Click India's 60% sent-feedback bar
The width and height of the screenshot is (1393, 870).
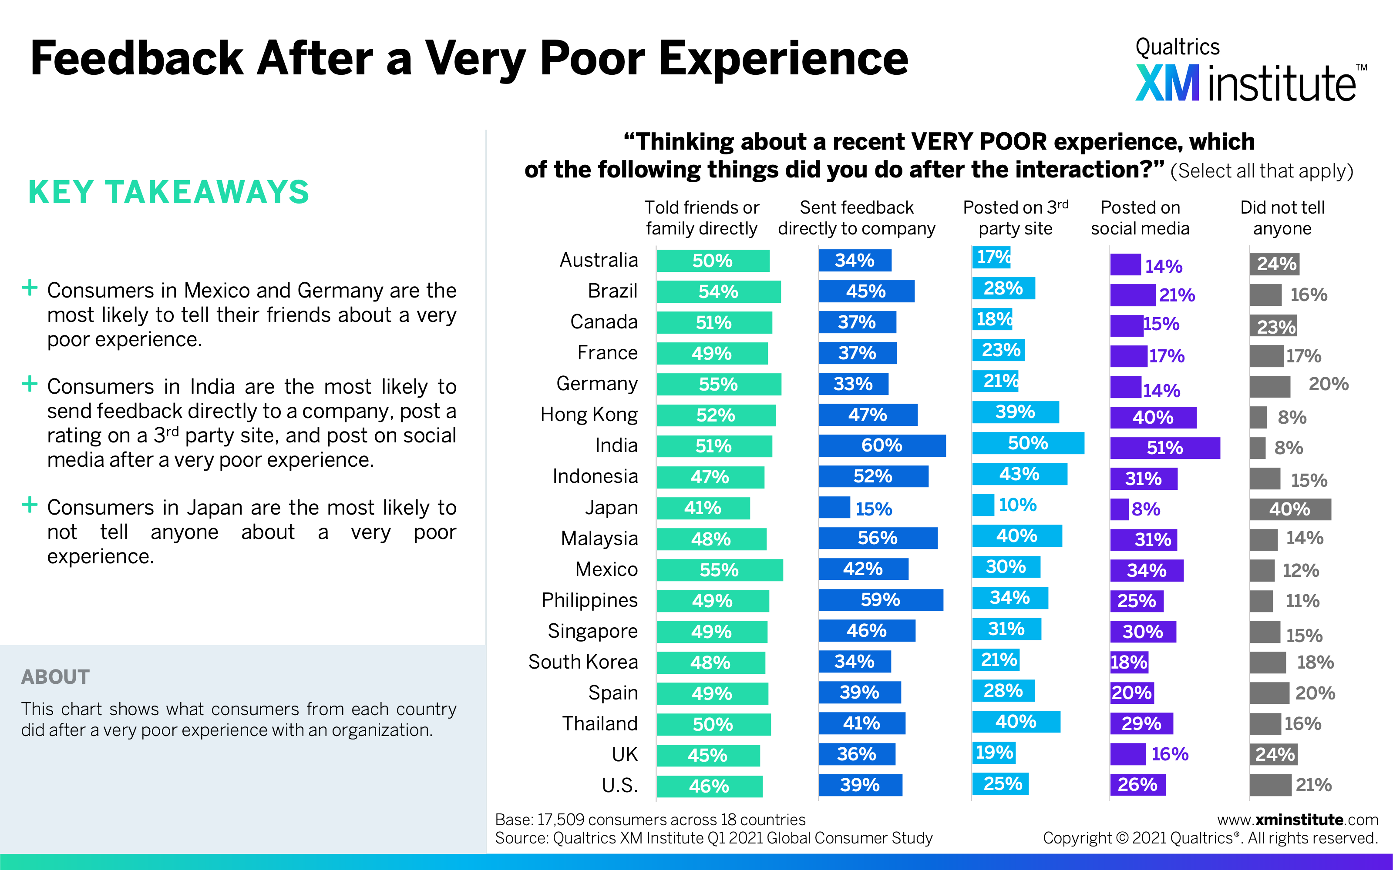pos(882,445)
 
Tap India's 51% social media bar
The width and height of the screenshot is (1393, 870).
pos(1164,448)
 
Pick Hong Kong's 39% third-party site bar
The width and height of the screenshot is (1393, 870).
pos(1016,412)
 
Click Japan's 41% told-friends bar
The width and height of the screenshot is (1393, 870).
pos(703,508)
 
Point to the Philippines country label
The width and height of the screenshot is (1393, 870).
pos(589,600)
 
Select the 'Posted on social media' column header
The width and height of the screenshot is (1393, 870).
pos(1140,218)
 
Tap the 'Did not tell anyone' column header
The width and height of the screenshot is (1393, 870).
pos(1282,218)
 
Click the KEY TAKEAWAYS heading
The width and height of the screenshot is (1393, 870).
pos(168,192)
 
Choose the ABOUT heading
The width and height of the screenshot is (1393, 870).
pos(55,677)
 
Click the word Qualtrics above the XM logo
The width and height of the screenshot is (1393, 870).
pos(1177,47)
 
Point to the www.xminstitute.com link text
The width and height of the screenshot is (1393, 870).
pos(1297,820)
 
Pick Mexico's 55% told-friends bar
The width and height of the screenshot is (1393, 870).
pos(720,570)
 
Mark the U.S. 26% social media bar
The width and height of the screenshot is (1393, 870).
pos(1137,785)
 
